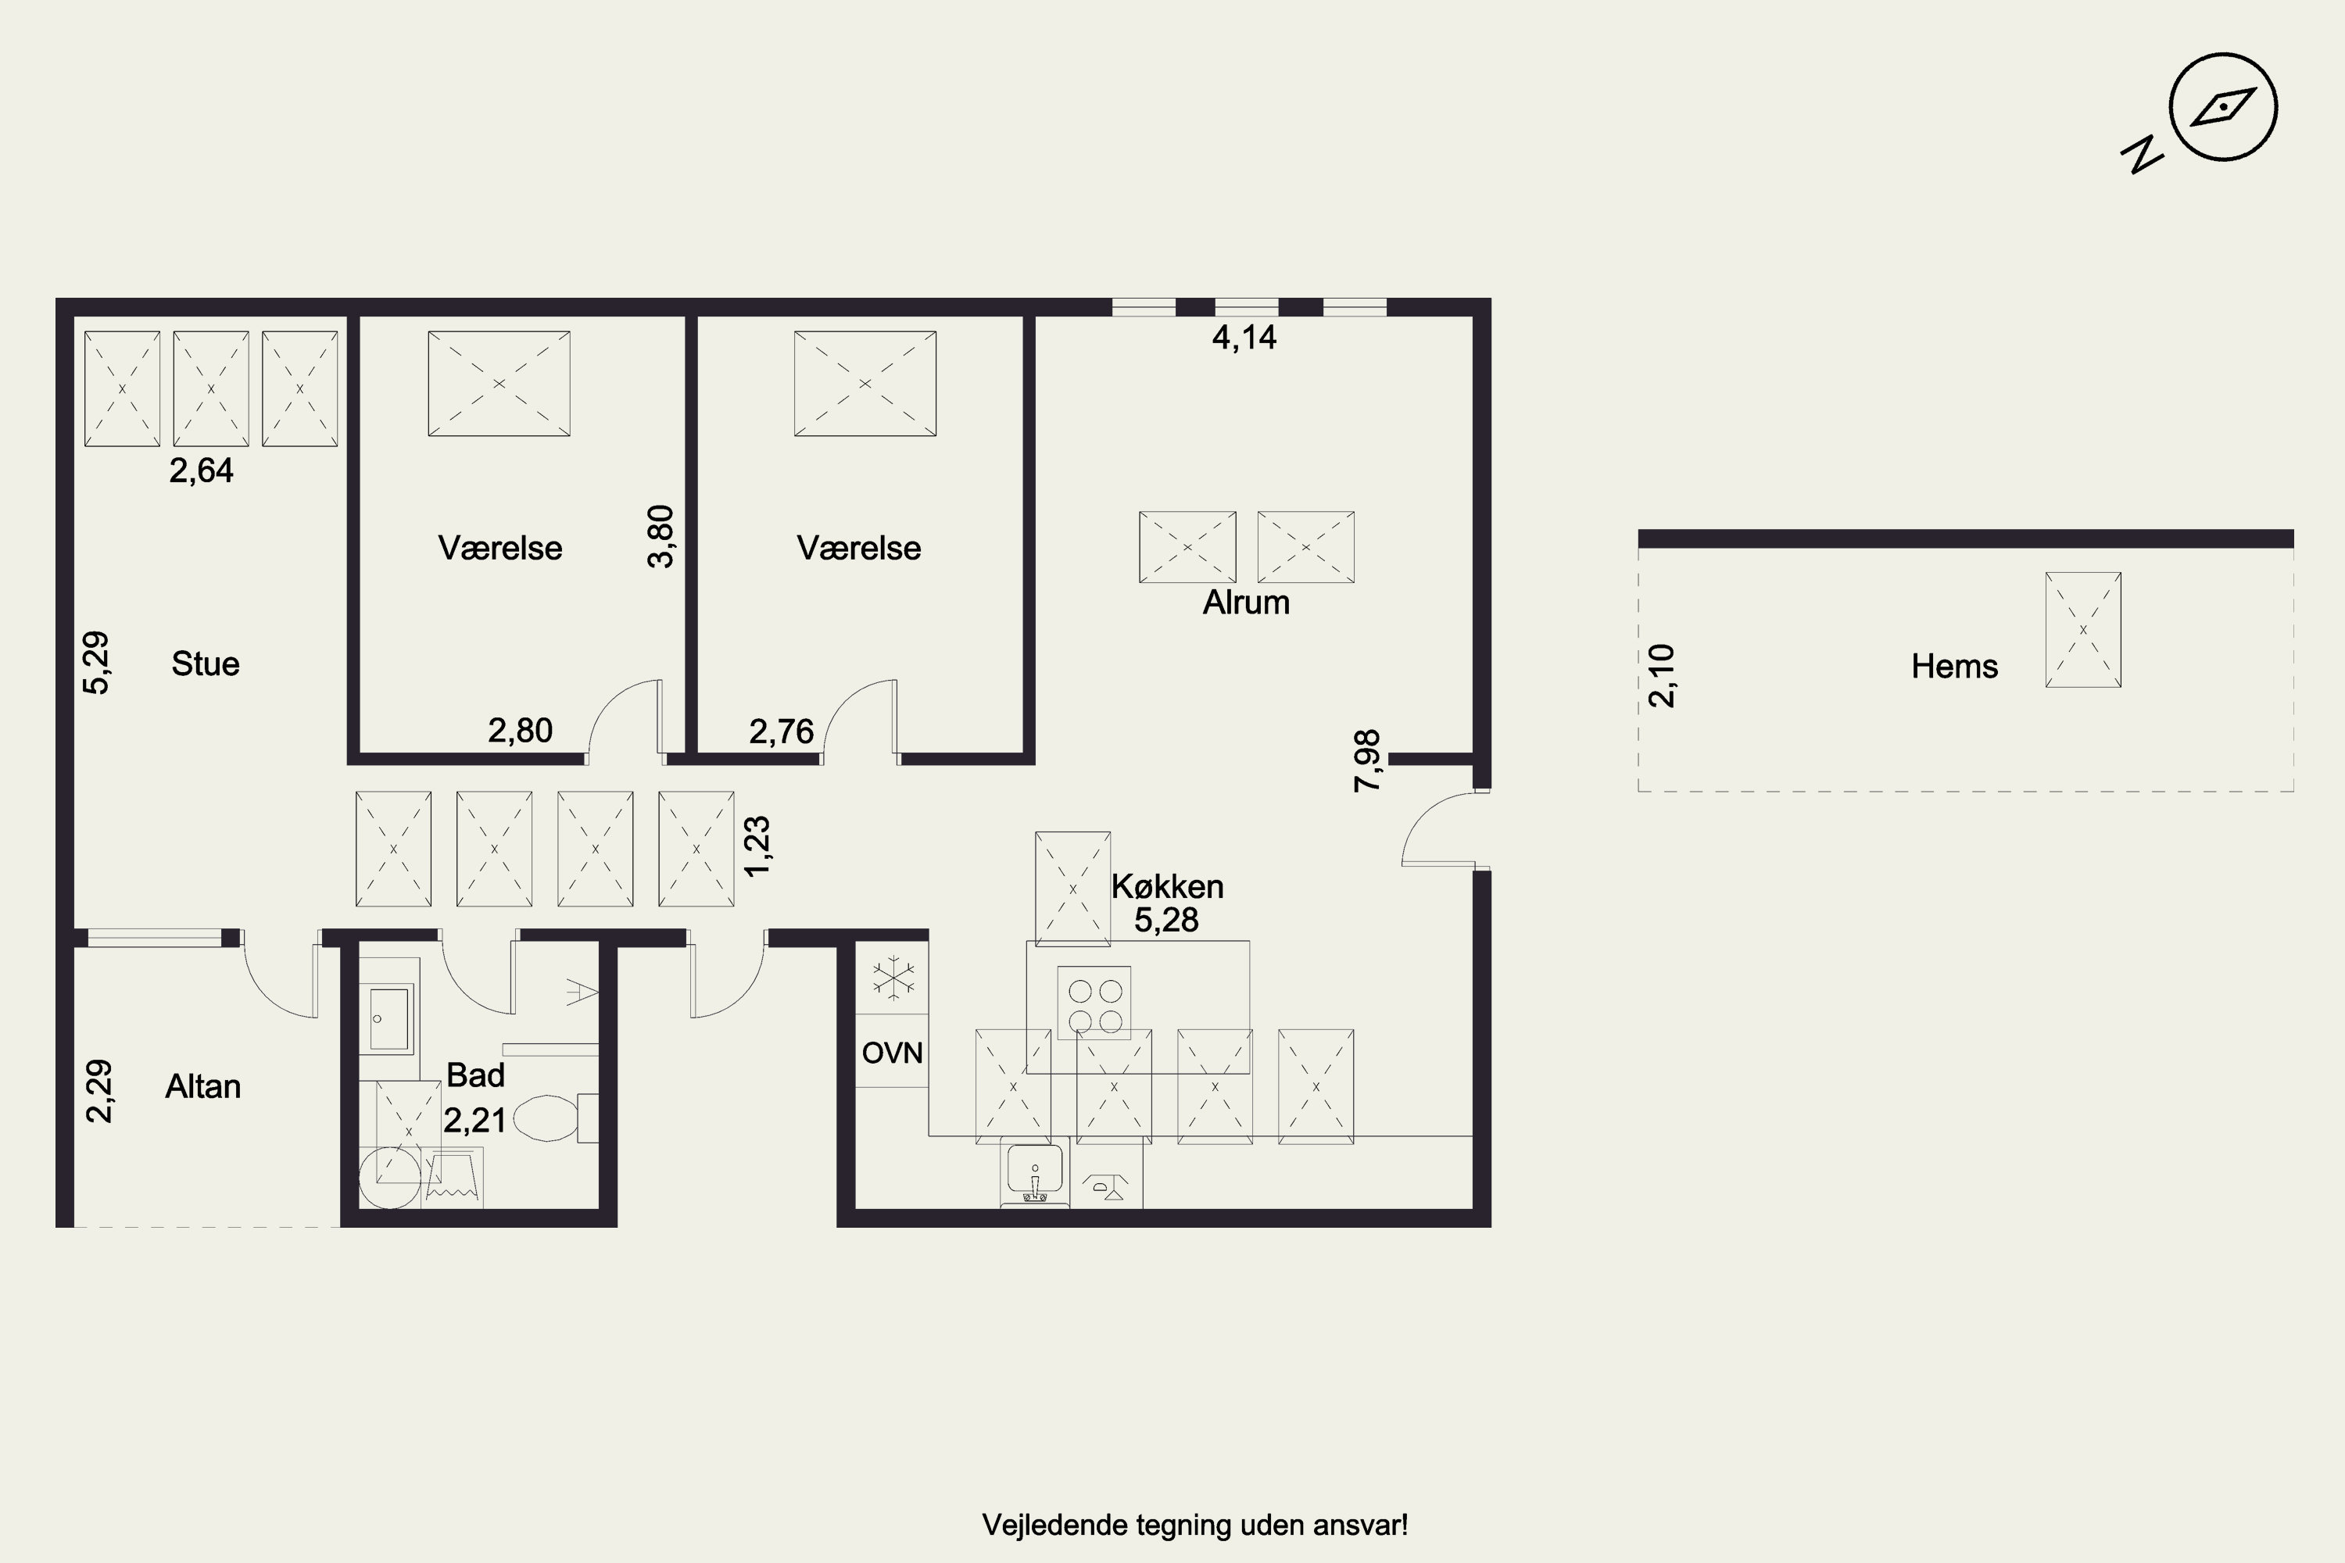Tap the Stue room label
(206, 663)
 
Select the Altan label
(203, 1086)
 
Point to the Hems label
(1954, 666)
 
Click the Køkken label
(1168, 886)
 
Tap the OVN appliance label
(893, 1053)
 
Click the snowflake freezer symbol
(894, 978)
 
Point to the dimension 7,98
(1367, 760)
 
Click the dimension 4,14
(1244, 338)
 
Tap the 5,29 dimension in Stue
(95, 663)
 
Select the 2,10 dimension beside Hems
(1661, 676)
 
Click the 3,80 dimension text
(660, 536)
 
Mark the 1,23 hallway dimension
(757, 846)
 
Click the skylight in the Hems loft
(2083, 630)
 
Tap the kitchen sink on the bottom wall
(1035, 1169)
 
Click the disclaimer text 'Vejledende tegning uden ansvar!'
(1194, 1525)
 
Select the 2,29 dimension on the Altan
(98, 1092)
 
